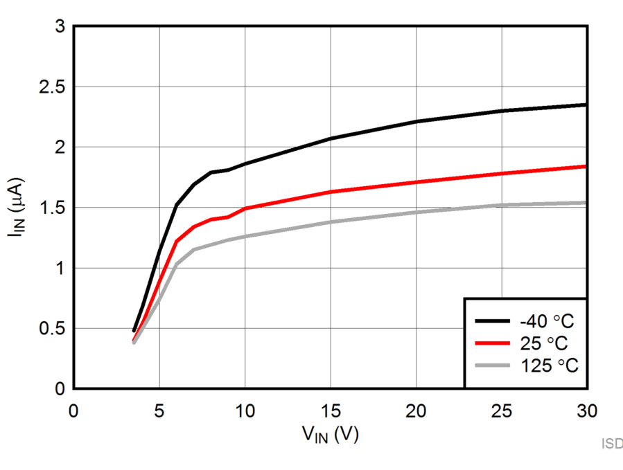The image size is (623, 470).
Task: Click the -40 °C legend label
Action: (547, 321)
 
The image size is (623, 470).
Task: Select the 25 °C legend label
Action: (547, 343)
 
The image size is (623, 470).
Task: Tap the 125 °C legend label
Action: (547, 365)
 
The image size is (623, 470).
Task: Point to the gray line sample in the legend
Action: (493, 365)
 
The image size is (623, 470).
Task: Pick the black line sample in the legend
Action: (493, 321)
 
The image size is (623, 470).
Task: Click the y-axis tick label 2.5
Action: (51, 87)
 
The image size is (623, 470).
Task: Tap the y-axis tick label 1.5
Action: (51, 208)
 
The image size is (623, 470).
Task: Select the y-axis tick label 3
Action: (60, 27)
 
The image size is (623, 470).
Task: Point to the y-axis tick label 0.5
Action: (51, 328)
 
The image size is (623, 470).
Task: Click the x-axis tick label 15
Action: (331, 410)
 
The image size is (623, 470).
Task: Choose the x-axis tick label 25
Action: (501, 410)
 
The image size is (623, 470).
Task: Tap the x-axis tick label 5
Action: (159, 410)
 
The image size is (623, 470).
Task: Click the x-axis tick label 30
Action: (586, 410)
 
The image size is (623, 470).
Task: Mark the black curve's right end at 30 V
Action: (586, 105)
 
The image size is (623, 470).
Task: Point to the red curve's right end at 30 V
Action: (586, 166)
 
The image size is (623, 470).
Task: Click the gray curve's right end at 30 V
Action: (586, 203)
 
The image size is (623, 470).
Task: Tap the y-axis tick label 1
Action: (60, 268)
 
